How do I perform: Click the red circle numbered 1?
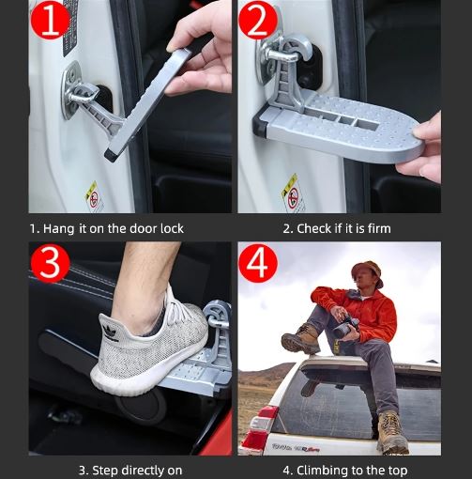click(x=50, y=21)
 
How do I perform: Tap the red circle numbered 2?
click(x=258, y=21)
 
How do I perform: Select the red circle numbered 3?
click(x=50, y=263)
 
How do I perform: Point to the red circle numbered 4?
click(x=258, y=263)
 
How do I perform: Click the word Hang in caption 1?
click(x=59, y=229)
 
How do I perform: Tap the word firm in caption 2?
click(x=379, y=228)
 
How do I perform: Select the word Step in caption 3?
click(x=105, y=471)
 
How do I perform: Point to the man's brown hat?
click(x=367, y=271)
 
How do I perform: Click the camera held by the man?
click(x=345, y=326)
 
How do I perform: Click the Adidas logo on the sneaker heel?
click(x=110, y=332)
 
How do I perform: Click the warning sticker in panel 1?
click(x=94, y=195)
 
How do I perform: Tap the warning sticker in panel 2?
click(x=293, y=193)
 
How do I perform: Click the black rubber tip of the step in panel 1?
click(x=110, y=155)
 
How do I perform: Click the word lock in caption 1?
click(x=172, y=228)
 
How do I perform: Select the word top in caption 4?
click(x=398, y=471)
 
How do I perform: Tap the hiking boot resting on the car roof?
click(x=300, y=339)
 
